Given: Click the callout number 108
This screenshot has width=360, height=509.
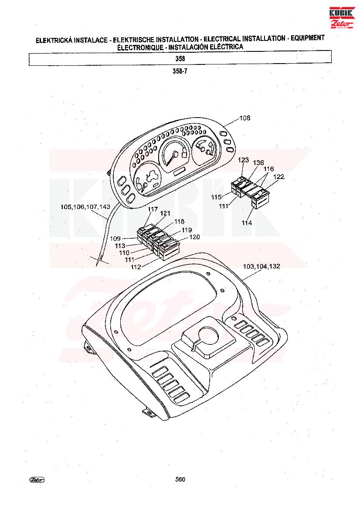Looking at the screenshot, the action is (245, 118).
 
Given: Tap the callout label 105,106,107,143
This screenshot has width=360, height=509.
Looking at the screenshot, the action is (85, 207).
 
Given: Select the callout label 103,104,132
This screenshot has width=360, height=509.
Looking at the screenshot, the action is (261, 266).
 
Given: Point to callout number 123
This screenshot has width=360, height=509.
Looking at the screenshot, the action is (243, 160).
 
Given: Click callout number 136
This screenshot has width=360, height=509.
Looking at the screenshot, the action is (258, 163).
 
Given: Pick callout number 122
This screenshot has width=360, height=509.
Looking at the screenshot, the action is (279, 177).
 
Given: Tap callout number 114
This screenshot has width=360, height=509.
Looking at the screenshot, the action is (247, 223).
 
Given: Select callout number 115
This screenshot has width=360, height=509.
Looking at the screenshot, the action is (216, 197).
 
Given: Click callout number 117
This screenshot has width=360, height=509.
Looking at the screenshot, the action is (153, 209).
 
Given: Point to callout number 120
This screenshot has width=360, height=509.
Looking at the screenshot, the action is (194, 237).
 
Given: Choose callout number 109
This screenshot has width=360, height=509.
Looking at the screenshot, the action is (115, 239).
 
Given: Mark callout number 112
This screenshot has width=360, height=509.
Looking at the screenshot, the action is (136, 267).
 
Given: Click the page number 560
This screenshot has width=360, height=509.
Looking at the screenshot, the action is (180, 479).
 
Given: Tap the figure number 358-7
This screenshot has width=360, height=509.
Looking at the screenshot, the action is (180, 71).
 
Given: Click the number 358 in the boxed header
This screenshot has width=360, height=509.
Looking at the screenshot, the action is (180, 58).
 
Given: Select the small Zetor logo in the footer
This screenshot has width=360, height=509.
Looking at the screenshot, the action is (37, 480).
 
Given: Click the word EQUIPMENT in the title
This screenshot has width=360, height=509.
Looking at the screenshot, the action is (307, 38).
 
